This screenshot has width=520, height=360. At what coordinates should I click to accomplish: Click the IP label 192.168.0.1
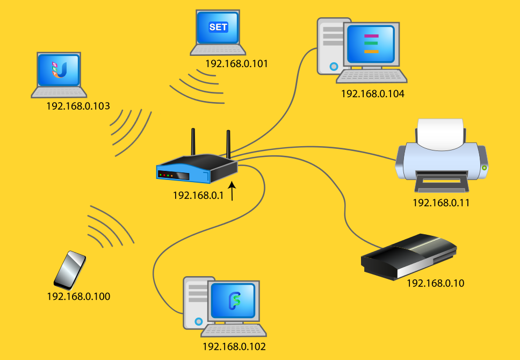pyautogui.click(x=198, y=196)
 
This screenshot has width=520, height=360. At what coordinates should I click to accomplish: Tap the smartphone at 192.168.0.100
pyautogui.click(x=70, y=270)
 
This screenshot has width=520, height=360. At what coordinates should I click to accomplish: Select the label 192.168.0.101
pyautogui.click(x=236, y=64)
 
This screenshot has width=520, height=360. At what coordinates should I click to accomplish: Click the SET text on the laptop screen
pyautogui.click(x=218, y=27)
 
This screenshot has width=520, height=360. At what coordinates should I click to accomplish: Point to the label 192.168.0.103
pyautogui.click(x=78, y=106)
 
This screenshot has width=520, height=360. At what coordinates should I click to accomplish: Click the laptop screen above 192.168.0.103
pyautogui.click(x=59, y=70)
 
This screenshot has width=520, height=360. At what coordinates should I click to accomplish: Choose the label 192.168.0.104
pyautogui.click(x=372, y=93)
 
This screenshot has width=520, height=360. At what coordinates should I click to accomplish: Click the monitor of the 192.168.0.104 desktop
pyautogui.click(x=371, y=44)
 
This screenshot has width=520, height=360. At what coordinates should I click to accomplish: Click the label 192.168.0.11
pyautogui.click(x=441, y=203)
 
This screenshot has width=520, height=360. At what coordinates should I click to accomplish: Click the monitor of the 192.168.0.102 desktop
pyautogui.click(x=235, y=301)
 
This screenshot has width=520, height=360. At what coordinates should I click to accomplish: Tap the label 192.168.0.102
pyautogui.click(x=234, y=347)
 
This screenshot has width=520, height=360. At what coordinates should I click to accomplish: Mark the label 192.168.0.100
pyautogui.click(x=78, y=296)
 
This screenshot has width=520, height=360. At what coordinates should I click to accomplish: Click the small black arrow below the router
pyautogui.click(x=233, y=192)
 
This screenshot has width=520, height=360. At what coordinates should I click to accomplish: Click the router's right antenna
pyautogui.click(x=228, y=143)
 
